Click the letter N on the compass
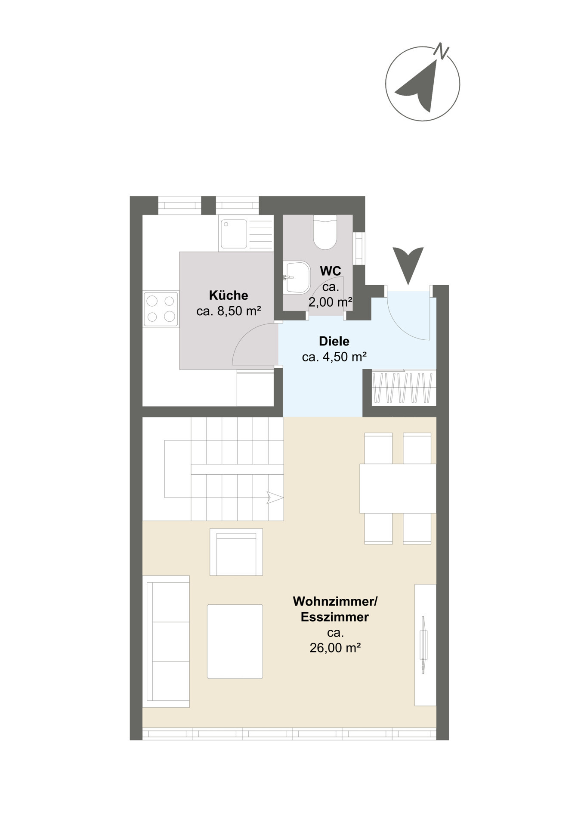coord(441,51)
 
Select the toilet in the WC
coord(325,232)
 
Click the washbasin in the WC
coord(297,277)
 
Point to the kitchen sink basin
coord(234,233)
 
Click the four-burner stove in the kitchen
coord(161,309)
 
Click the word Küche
coord(229,295)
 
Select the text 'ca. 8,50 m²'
coord(229,311)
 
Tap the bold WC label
coord(331,271)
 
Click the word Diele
coord(334,342)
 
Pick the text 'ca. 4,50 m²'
coord(334,357)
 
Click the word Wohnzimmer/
coord(335,601)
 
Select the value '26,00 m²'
coord(335,648)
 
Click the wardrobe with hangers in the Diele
coord(402,388)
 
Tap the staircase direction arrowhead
coord(275,497)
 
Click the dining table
coord(398,488)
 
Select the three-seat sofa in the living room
coord(166,641)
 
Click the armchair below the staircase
coord(236,552)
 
